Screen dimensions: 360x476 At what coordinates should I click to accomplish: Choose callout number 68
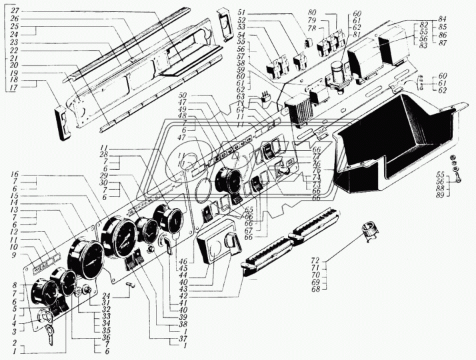(x=317, y=289)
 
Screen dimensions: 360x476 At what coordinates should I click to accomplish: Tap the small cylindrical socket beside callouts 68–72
(x=368, y=231)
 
